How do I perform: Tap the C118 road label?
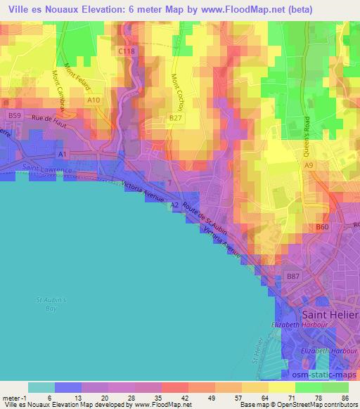tap(127, 51)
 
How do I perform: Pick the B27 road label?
tap(175, 119)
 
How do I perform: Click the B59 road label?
tap(14, 114)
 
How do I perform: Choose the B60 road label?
tap(322, 227)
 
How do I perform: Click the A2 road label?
tap(174, 204)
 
